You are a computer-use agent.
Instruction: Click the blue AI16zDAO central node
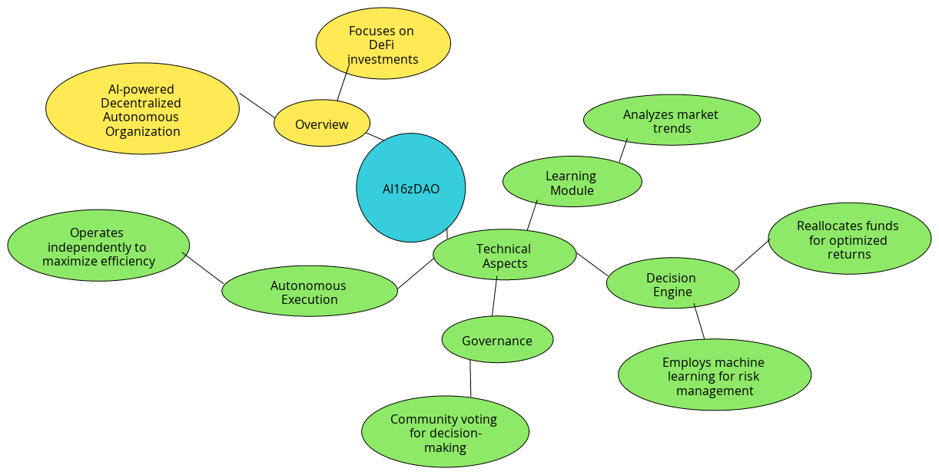[411, 188]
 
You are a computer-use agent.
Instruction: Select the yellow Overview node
[322, 124]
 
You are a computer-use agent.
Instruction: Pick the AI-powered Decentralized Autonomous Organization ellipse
[143, 110]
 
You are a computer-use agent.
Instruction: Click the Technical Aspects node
[504, 256]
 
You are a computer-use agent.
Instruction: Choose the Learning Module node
[572, 183]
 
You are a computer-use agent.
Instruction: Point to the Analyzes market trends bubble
[672, 120]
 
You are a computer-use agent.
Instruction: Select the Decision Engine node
[672, 284]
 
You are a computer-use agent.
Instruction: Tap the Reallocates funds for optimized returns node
[849, 239]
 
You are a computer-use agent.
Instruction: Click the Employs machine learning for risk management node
[715, 375]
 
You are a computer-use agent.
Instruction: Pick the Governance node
[497, 340]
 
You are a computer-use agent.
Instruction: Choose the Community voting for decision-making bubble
[445, 433]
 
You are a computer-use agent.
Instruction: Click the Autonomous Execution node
[309, 292]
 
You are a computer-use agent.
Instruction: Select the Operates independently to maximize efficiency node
[98, 246]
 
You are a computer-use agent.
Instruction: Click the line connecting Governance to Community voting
[470, 379]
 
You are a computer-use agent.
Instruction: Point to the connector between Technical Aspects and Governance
[495, 297]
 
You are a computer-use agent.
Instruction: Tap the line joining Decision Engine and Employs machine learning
[699, 322]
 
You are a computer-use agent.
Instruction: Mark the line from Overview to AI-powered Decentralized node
[257, 105]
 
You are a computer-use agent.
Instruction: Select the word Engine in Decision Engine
[673, 292]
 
